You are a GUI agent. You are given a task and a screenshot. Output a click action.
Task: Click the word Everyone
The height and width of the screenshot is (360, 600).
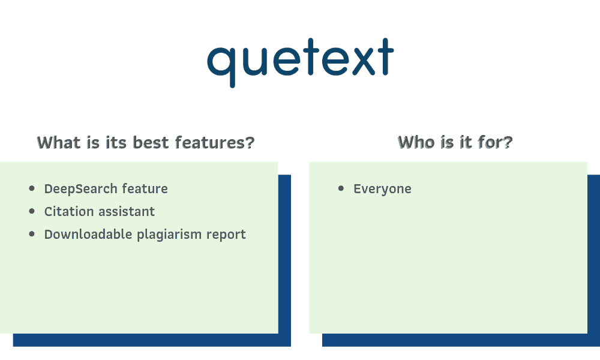382,189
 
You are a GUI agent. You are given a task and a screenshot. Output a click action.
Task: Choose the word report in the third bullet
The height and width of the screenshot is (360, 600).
226,235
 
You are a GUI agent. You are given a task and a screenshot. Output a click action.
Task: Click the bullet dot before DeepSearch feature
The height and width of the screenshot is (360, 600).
32,189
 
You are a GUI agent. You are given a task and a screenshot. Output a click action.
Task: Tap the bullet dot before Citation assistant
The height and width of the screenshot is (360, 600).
32,212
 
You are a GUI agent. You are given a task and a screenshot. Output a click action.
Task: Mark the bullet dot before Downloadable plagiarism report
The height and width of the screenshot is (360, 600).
32,234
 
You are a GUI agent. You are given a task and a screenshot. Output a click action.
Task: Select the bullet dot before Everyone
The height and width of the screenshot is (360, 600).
341,189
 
